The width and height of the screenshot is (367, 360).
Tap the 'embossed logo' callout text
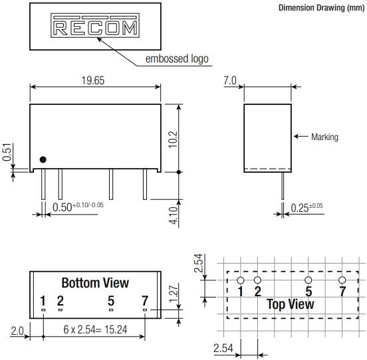pos(177,59)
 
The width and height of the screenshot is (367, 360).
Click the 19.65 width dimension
pos(93,81)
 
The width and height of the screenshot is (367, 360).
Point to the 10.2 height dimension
pos(174,139)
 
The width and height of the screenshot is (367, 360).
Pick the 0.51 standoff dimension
pos(7,153)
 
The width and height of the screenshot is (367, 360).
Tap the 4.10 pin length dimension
pos(174,216)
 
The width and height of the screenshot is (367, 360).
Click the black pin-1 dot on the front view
pos(43,159)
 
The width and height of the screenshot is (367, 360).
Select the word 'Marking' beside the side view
pos(324,137)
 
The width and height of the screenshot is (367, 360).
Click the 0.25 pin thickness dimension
pos(306,208)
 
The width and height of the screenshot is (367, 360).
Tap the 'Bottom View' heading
pos(95,283)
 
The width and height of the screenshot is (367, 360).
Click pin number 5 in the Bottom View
pos(111,301)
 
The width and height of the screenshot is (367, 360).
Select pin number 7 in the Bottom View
pos(144,301)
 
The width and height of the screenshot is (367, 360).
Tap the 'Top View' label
pos(291,304)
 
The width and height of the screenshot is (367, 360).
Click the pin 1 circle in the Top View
pos(241,281)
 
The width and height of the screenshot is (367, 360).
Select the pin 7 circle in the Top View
pos(342,281)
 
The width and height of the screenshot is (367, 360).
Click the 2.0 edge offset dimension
pos(18,330)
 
